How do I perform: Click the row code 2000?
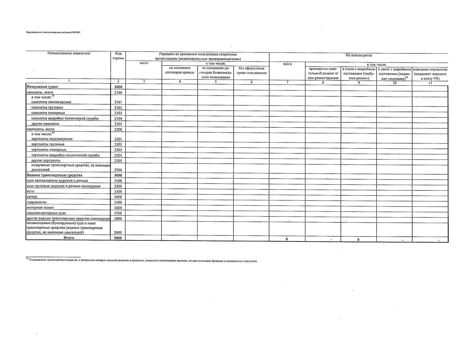[x=118, y=87]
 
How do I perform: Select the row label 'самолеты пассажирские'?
[x=51, y=102]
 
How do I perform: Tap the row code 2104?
[x=118, y=118]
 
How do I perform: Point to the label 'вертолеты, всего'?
[x=41, y=129]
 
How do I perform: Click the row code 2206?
[x=118, y=170]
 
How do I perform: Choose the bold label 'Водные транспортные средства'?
[x=55, y=175]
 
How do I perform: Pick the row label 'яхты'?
[x=31, y=191]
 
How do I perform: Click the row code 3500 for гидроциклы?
[x=118, y=202]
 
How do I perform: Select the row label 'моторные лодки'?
[x=40, y=207]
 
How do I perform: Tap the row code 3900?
[x=118, y=232]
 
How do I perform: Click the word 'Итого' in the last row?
[x=69, y=238]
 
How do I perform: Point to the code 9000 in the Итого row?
[x=118, y=238]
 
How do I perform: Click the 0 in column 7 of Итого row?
[x=287, y=239]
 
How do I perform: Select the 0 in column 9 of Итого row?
[x=358, y=239]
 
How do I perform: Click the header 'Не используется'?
[x=359, y=55]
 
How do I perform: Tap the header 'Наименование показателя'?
[x=69, y=53]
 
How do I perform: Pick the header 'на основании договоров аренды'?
[x=180, y=70]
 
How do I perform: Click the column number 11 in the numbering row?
[x=430, y=83]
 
